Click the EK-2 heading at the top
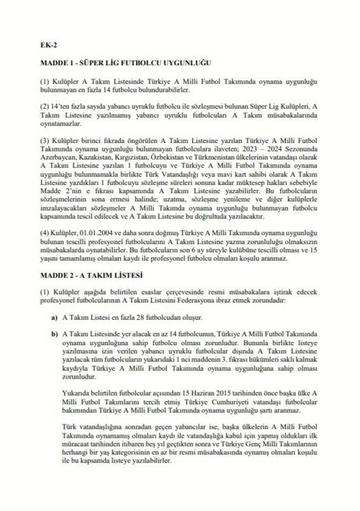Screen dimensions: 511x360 48,44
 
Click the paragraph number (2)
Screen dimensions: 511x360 46,107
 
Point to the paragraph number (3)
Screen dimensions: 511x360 46,139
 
